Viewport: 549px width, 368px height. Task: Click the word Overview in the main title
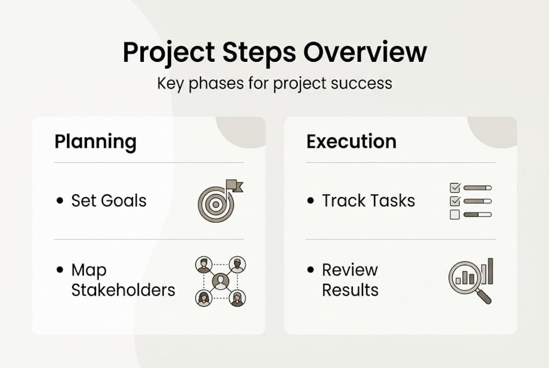365,53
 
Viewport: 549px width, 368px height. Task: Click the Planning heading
95,142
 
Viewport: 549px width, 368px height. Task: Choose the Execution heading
351,142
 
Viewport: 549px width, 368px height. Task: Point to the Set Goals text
108,201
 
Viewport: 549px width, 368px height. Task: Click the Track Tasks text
368,201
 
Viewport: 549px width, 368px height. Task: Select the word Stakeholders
123,290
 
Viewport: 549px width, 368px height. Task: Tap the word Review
350,270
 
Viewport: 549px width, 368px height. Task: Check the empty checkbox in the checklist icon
454,215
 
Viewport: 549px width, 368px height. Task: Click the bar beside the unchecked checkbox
477,215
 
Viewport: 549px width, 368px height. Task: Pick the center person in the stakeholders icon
221,281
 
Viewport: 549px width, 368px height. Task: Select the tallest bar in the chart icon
490,270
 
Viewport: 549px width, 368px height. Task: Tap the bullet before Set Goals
60,201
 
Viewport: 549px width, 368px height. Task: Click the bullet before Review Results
311,270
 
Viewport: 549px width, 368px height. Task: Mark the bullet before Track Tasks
311,201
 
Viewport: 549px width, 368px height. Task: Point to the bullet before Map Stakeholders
60,270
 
